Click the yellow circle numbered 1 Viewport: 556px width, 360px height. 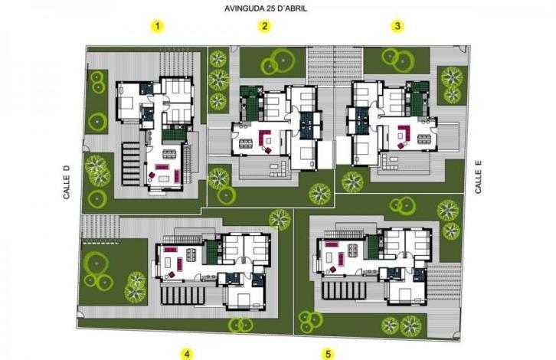[x=158, y=26]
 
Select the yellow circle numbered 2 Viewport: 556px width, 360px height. [x=264, y=26]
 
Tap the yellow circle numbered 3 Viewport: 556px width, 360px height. [x=397, y=26]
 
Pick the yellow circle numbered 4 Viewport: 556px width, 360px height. [x=187, y=354]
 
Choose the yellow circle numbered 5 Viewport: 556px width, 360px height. [x=328, y=354]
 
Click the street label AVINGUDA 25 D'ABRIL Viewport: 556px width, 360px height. [x=266, y=8]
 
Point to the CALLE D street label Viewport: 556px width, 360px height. [x=67, y=182]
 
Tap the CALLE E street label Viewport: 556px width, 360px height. [x=479, y=177]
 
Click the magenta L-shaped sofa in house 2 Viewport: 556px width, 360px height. [x=264, y=136]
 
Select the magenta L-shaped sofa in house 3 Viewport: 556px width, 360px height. [x=404, y=132]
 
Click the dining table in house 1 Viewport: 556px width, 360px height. [x=169, y=154]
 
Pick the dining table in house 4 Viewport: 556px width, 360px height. [x=191, y=254]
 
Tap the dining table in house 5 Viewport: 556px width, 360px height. [x=352, y=250]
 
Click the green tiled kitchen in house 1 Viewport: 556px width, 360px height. [x=174, y=135]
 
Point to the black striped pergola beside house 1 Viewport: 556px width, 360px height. [x=131, y=163]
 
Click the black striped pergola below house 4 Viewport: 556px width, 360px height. [x=182, y=296]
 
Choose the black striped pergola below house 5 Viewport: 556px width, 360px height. [x=344, y=291]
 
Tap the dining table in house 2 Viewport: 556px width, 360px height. [x=246, y=144]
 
